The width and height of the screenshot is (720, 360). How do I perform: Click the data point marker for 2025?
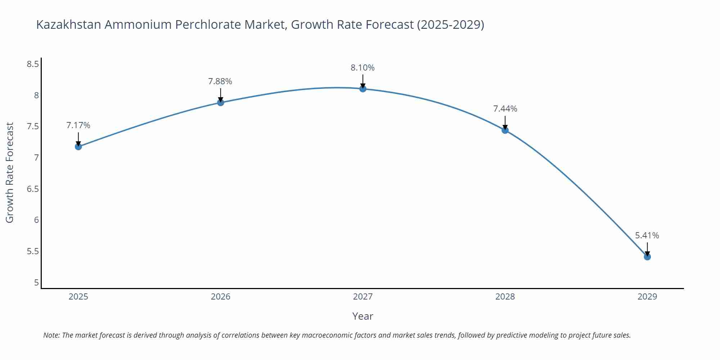point(78,147)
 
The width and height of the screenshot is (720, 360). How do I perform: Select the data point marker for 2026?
point(220,103)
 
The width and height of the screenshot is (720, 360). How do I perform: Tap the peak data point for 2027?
point(363,89)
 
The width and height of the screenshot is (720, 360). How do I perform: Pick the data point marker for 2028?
point(505,130)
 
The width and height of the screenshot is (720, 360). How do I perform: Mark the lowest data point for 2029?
point(647,257)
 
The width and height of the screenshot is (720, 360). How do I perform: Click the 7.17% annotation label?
point(78,125)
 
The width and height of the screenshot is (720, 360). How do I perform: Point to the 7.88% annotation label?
point(220,81)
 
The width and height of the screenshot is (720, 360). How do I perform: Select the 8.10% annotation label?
point(363,68)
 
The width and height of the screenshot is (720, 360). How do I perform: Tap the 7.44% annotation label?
point(505,109)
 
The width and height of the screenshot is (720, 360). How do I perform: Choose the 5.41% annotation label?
point(647,235)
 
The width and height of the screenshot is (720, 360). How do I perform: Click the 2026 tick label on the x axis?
point(220,297)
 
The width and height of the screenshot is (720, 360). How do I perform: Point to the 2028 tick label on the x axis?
point(505,297)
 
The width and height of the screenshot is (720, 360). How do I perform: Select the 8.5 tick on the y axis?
point(33,64)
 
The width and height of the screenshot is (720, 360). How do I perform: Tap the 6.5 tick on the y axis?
point(33,189)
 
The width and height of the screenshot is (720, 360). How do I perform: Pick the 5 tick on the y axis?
point(36,283)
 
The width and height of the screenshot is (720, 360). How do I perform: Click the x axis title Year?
point(363,316)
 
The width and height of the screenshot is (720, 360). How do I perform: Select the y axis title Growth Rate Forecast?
point(10,172)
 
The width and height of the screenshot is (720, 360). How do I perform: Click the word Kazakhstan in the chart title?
point(69,24)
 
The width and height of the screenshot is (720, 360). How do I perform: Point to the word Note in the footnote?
point(51,335)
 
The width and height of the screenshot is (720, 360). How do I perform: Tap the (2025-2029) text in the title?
point(450,24)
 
